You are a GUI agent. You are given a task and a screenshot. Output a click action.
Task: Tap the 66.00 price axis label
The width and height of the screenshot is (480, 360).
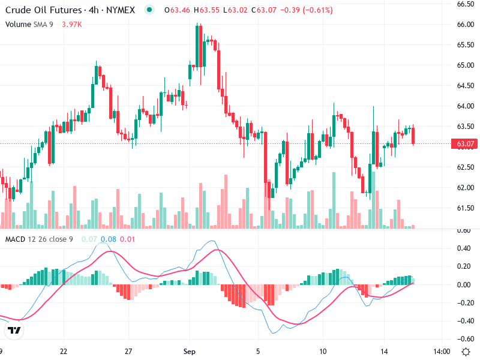[x=466, y=25]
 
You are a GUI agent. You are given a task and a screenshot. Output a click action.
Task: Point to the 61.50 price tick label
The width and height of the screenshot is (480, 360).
[x=466, y=208]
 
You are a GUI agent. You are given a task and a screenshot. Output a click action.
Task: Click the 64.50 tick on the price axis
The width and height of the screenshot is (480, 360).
[x=466, y=86]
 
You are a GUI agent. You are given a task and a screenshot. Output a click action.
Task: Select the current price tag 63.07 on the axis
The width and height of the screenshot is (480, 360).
[x=466, y=144]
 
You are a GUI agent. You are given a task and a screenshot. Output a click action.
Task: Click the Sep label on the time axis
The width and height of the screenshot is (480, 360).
[x=190, y=351]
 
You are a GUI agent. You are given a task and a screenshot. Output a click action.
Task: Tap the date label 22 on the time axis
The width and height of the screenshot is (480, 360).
[x=64, y=351]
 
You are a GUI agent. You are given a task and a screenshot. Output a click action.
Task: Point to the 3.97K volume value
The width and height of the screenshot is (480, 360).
[x=72, y=24]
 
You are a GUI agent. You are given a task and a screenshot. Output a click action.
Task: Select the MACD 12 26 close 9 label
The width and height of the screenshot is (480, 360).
[x=40, y=239]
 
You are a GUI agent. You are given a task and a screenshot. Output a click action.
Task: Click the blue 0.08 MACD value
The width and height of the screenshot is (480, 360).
[x=109, y=239]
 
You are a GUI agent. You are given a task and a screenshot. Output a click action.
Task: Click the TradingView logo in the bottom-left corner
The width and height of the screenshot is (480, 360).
[x=14, y=330]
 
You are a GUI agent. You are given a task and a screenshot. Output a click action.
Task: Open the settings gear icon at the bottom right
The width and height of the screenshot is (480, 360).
[x=466, y=351]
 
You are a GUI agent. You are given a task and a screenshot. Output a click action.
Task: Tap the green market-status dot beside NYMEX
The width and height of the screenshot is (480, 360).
[x=149, y=10]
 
